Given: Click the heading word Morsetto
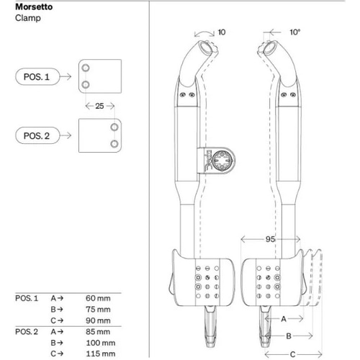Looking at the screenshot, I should (x=34, y=6).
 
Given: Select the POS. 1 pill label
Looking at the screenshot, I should (x=37, y=76).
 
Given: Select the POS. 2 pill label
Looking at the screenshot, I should (x=38, y=135).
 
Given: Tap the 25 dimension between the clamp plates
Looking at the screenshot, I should (x=100, y=106).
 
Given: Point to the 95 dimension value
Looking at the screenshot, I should (x=271, y=238).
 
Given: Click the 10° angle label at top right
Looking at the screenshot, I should (x=294, y=32).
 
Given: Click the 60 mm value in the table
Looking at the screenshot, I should (x=99, y=297).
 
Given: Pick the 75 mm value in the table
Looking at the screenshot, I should (x=99, y=309).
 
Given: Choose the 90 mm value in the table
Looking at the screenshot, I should (x=99, y=320).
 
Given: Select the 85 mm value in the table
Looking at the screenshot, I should (x=99, y=332).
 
